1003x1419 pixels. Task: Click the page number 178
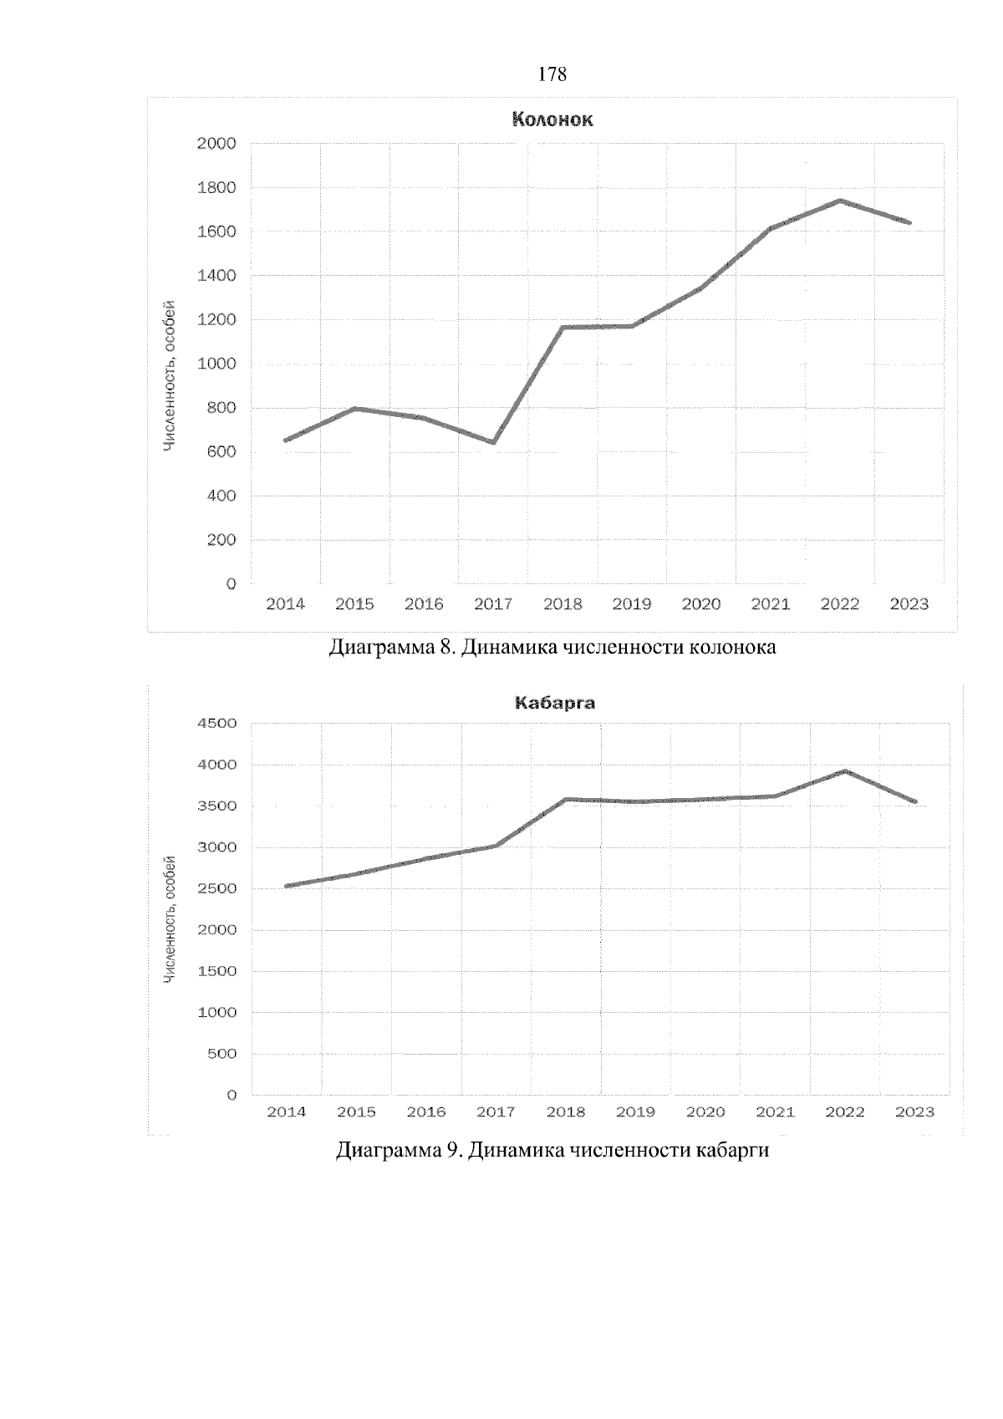552,75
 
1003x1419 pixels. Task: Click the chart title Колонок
552,120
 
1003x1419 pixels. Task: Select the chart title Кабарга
554,703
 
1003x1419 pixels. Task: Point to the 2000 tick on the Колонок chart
216,144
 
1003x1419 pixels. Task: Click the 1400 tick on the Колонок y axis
216,276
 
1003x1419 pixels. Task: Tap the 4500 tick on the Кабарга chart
216,724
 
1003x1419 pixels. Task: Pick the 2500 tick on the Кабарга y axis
216,888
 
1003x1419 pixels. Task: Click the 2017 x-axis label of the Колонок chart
493,604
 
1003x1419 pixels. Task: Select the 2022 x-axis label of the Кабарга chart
845,1112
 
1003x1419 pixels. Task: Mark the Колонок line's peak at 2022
839,201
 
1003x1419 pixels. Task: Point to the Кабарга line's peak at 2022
845,771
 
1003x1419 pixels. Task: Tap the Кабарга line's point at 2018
566,799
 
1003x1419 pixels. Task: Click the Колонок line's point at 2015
355,409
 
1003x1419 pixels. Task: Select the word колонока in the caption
731,648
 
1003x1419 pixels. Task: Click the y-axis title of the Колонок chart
170,375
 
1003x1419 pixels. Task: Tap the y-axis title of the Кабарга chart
170,918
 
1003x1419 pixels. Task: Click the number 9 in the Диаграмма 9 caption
451,1151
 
